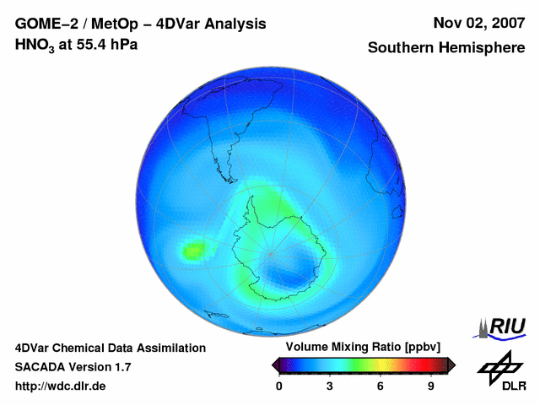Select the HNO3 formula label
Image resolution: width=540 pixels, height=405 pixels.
pos(36,45)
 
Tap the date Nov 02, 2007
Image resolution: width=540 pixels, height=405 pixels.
pos(478,24)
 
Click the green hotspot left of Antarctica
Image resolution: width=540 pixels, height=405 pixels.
pos(194,250)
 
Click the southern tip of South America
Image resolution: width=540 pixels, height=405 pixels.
pos(229,167)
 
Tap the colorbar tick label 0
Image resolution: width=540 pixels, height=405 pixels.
pos(279,386)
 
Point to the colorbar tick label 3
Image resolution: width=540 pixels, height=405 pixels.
pos(330,386)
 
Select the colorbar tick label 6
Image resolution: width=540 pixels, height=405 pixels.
pos(381,386)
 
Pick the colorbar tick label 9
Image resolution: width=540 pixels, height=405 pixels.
pos(430,386)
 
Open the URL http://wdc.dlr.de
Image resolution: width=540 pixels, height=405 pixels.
pos(61,386)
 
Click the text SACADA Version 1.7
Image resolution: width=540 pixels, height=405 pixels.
pos(73,367)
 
